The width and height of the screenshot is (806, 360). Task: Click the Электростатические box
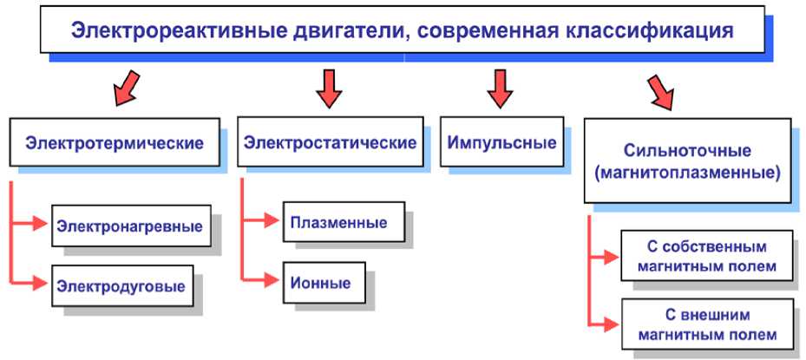click(x=330, y=142)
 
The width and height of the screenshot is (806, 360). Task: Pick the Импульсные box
click(x=501, y=142)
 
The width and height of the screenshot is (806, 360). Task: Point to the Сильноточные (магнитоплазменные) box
click(x=686, y=161)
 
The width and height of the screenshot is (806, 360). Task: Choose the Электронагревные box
click(x=130, y=226)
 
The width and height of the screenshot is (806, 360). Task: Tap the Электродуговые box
click(x=121, y=285)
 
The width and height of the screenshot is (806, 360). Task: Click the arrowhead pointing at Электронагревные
click(x=39, y=224)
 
